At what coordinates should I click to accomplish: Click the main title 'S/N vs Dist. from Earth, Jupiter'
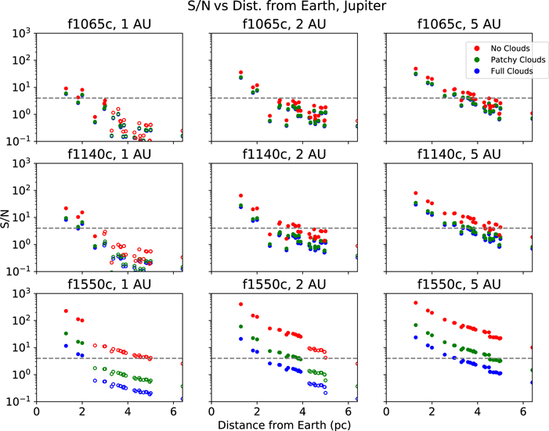287,6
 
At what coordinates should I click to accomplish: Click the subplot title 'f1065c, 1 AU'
109,24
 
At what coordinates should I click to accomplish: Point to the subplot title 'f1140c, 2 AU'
284,154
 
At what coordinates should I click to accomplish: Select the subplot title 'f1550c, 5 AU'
459,285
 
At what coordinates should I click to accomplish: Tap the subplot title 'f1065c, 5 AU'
459,24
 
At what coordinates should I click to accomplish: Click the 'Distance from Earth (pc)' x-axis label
284,425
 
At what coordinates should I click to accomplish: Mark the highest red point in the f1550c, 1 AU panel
66,311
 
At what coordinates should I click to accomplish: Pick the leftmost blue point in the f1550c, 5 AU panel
416,338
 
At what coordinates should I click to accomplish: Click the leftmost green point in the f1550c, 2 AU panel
241,326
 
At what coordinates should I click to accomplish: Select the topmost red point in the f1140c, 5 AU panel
416,193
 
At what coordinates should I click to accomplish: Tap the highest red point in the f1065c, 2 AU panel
241,73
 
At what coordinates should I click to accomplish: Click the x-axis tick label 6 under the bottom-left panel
173,411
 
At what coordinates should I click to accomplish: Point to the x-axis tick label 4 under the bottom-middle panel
302,411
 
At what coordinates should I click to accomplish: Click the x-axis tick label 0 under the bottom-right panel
386,411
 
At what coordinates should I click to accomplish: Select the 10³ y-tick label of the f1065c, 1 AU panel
22,34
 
